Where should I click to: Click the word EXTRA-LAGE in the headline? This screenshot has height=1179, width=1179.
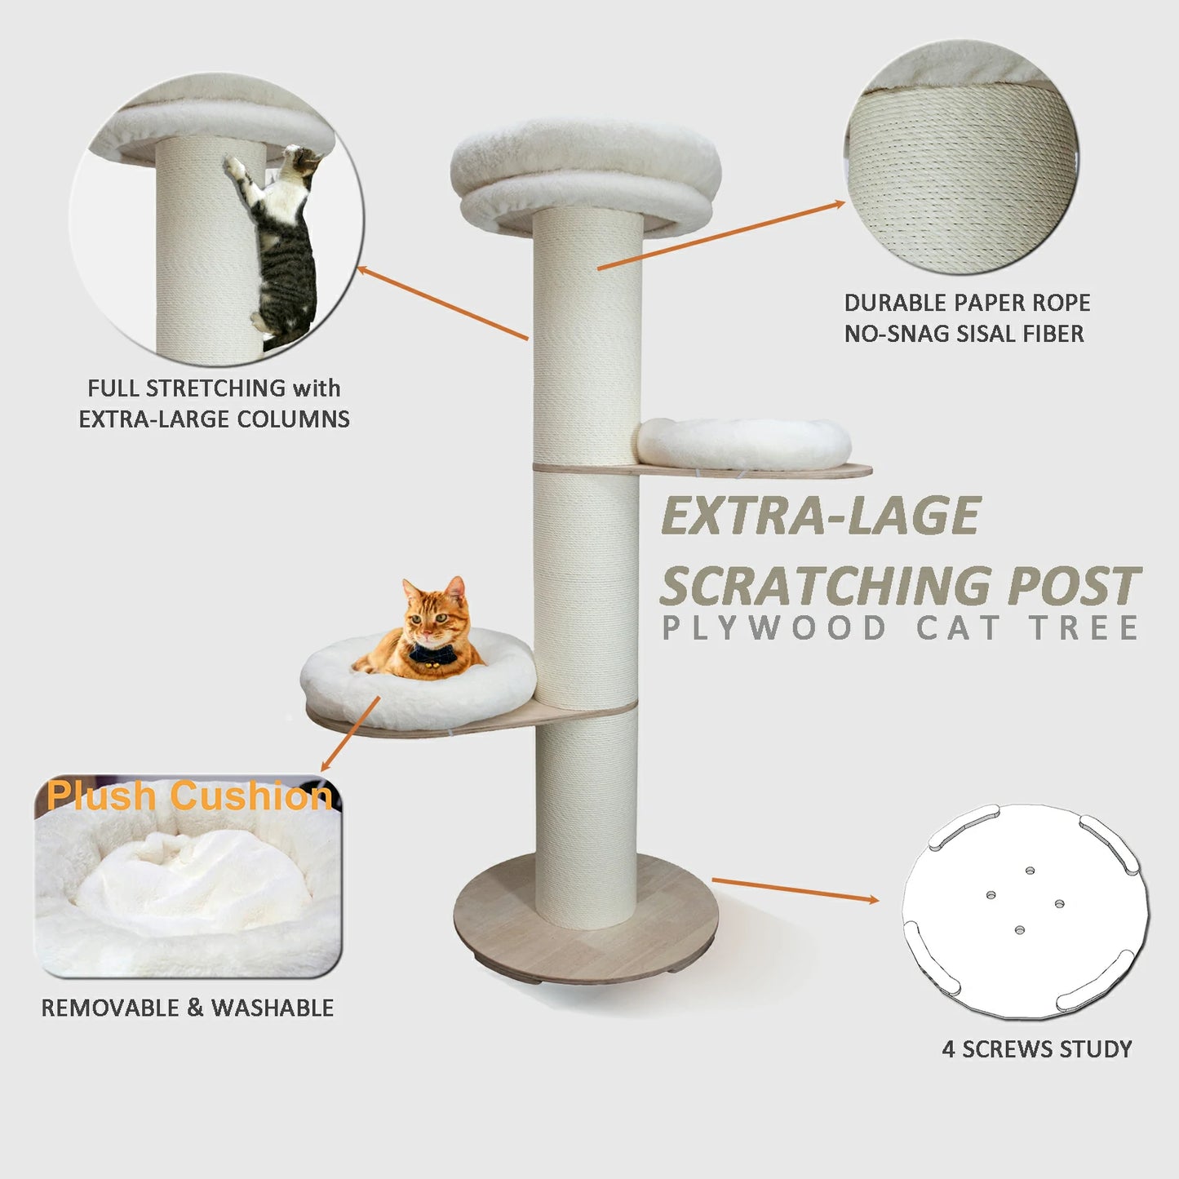click(820, 516)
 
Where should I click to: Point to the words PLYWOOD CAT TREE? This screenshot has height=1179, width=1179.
click(900, 628)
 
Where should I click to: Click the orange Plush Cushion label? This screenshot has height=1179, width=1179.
click(189, 796)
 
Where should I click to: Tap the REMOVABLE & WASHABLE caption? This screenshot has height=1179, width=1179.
click(188, 1008)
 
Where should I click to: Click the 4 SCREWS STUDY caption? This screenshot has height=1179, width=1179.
click(1036, 1048)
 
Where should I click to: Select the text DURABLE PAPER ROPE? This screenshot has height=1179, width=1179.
click(967, 303)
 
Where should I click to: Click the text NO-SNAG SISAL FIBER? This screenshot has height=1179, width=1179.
click(964, 334)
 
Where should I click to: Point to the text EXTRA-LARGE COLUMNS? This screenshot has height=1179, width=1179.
click(214, 419)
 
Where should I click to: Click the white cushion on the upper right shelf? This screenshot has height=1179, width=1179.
click(743, 444)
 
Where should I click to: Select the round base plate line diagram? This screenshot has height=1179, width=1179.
click(1025, 911)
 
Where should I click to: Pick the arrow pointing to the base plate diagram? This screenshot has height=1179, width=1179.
click(795, 890)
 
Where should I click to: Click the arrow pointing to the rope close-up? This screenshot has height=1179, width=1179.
click(721, 235)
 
